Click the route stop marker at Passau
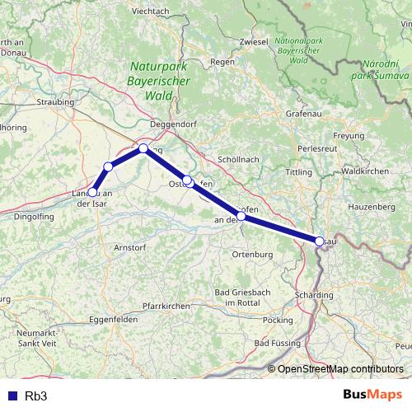tap(319, 241)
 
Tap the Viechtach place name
tap(150, 11)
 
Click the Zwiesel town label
tap(252, 40)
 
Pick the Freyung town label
tap(348, 135)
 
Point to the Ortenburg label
tap(252, 255)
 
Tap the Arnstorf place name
tap(129, 246)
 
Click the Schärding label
tap(314, 295)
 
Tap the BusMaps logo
tap(372, 396)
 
